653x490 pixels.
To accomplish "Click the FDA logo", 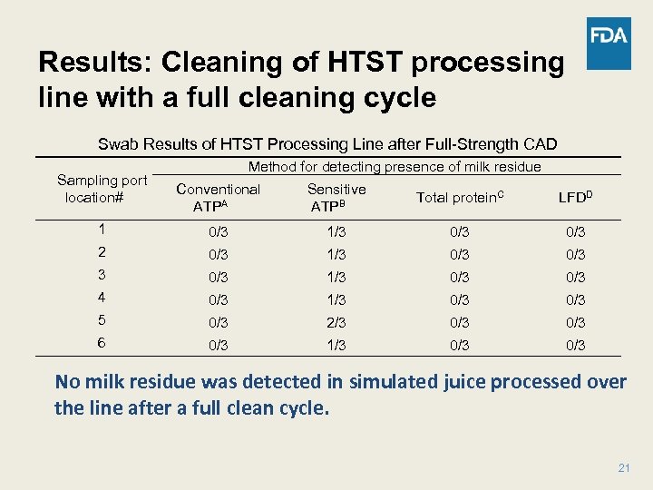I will tap(609, 43).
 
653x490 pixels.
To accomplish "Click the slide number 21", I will tap(623, 468).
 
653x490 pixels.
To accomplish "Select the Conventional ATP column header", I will tap(218, 198).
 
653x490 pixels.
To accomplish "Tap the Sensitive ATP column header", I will tap(336, 198).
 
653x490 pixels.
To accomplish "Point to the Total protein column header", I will tap(460, 197).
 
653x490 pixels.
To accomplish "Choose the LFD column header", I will tap(576, 197).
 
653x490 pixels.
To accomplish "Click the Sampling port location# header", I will tap(101, 189).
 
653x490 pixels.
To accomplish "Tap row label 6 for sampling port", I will tap(102, 344).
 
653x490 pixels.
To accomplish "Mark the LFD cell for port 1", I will tap(575, 232).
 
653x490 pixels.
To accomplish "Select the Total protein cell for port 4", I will tap(460, 300).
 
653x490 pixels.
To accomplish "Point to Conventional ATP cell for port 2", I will tap(218, 255).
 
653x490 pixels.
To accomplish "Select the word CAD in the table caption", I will tap(539, 144).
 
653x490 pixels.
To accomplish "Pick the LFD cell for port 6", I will tap(575, 346).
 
